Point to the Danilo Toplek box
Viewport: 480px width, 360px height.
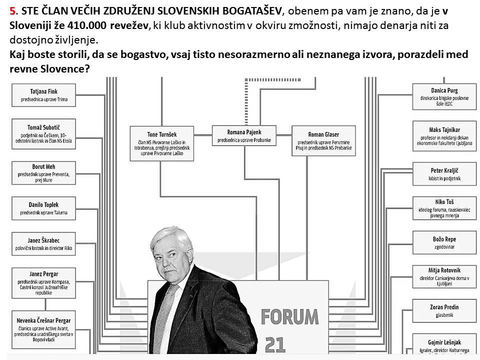pyautogui.click(x=43, y=208)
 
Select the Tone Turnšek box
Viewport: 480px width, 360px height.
pyautogui.click(x=162, y=143)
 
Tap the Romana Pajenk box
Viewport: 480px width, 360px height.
pyautogui.click(x=244, y=136)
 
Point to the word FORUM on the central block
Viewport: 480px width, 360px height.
pyautogui.click(x=289, y=316)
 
